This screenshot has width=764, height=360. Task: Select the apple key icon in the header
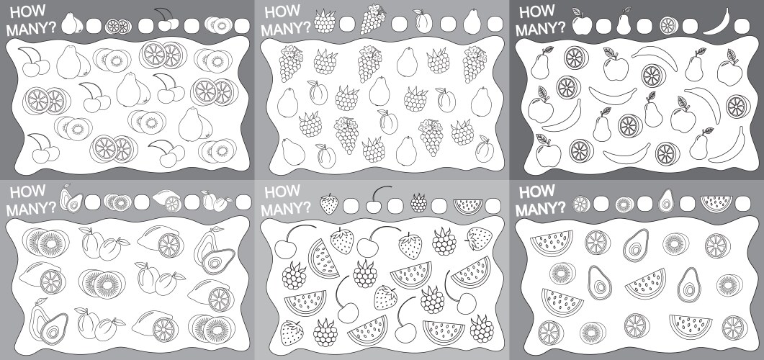[x=580, y=23]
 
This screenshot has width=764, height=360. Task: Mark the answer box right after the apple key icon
[x=603, y=25]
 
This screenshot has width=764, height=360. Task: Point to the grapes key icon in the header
[x=373, y=19]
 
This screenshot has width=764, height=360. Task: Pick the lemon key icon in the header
[x=168, y=201]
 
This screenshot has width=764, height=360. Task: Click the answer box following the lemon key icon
[x=192, y=202]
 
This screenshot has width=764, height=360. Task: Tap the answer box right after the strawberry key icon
[x=351, y=205]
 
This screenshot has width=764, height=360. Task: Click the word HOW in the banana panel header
[x=536, y=12]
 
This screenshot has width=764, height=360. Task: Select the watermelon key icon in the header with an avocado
[x=714, y=202]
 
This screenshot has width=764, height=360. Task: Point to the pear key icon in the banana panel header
[x=626, y=22]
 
